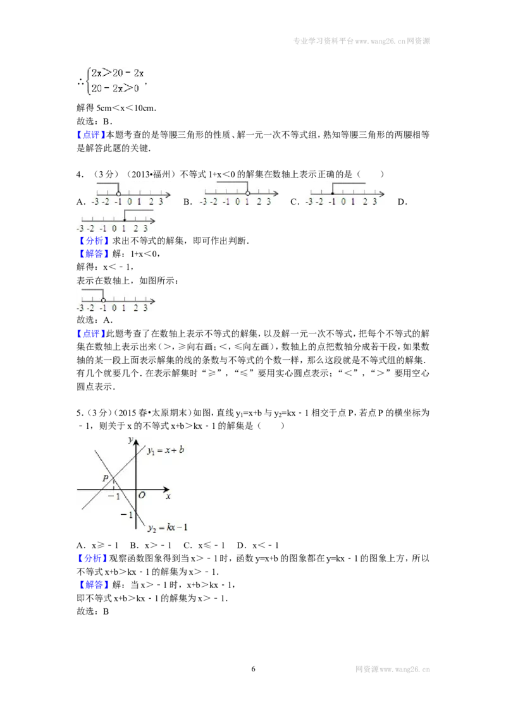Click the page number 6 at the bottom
point(253,669)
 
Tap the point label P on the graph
point(106,478)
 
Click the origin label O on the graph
point(142,495)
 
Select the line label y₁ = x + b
point(165,450)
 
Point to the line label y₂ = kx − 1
point(168,527)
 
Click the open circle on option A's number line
point(119,194)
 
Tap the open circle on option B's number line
point(247,193)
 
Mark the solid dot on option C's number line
point(333,194)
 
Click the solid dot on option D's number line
point(124,220)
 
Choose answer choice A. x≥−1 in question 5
point(98,545)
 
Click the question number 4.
point(80,174)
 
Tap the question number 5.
point(80,412)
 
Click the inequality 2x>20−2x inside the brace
point(118,73)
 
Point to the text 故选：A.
point(94,320)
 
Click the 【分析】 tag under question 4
point(93,241)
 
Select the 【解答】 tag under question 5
point(93,585)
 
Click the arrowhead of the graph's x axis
point(167,490)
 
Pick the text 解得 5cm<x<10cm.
point(116,108)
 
